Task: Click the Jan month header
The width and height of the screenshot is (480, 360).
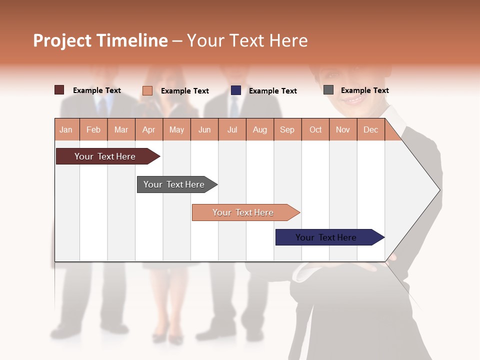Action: point(66,129)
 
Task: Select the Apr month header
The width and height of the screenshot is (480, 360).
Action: point(148,129)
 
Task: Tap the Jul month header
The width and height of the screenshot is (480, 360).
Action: point(232,129)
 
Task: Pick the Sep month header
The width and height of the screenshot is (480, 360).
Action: point(287,129)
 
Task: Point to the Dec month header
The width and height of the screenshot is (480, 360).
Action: point(370,129)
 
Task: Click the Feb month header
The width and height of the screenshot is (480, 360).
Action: point(93,129)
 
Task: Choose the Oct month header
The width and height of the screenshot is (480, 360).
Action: point(315,129)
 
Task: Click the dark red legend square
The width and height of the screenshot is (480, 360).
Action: point(59,90)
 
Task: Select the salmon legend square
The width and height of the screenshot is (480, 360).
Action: point(147,90)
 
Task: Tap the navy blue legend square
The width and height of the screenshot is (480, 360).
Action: point(236,90)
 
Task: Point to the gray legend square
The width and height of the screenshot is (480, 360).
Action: point(328,90)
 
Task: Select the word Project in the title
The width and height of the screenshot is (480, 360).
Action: point(62,40)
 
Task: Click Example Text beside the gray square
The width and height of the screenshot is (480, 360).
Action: point(364,90)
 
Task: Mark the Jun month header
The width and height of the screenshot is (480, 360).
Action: point(204,129)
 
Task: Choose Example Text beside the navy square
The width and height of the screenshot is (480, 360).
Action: point(272,91)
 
